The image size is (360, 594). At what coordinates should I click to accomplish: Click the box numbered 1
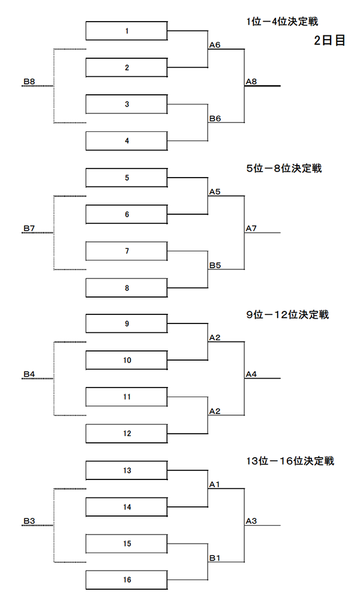click(x=127, y=31)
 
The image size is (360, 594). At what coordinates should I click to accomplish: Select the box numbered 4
click(x=127, y=141)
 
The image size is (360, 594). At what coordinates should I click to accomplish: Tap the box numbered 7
click(x=127, y=251)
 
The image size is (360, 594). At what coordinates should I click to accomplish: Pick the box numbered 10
click(x=127, y=360)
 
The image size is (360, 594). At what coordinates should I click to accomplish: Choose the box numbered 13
click(x=127, y=470)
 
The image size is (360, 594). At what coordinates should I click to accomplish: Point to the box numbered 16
click(x=127, y=580)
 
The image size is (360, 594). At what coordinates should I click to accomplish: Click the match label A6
click(x=215, y=45)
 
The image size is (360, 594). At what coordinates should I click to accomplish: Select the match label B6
click(x=215, y=119)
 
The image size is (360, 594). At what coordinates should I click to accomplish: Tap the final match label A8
click(x=251, y=82)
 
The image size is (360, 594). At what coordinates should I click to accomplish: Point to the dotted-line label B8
click(x=29, y=82)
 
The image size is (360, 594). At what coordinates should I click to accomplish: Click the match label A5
click(x=215, y=192)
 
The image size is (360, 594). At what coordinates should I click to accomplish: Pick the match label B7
click(x=29, y=229)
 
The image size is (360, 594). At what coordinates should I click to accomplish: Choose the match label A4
click(x=251, y=374)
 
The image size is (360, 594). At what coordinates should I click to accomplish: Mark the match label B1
click(x=215, y=558)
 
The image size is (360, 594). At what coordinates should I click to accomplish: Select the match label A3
click(x=251, y=521)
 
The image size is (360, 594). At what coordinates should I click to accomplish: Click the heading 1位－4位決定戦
click(x=283, y=22)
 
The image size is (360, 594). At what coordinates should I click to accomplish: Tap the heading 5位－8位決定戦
click(x=284, y=168)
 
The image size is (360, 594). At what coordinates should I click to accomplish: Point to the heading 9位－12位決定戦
click(x=287, y=315)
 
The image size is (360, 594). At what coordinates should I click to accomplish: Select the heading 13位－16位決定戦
click(x=290, y=461)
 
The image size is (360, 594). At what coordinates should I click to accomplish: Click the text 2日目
click(x=329, y=40)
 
